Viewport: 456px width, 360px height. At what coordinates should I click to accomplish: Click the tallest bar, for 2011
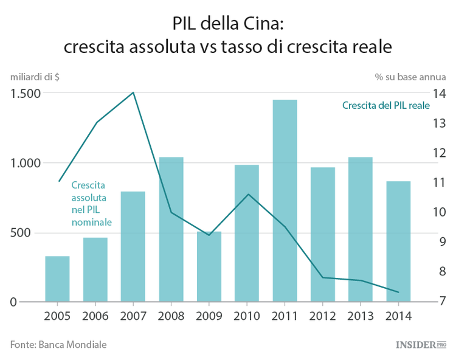pos(285,201)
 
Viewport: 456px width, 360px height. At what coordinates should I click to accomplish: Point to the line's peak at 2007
pos(133,92)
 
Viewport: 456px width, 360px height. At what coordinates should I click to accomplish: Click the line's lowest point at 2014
pos(398,292)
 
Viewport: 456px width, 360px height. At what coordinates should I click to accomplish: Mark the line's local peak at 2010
pos(247,194)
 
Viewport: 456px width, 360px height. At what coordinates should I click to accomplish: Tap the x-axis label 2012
pos(323,316)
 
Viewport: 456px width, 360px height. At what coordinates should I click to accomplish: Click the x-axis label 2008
pos(171,316)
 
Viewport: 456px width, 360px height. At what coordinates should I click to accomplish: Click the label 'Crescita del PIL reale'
pos(385,105)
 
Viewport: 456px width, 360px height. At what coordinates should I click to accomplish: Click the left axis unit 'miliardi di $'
pos(35,77)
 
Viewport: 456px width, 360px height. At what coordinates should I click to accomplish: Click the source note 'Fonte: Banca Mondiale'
pos(58,344)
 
